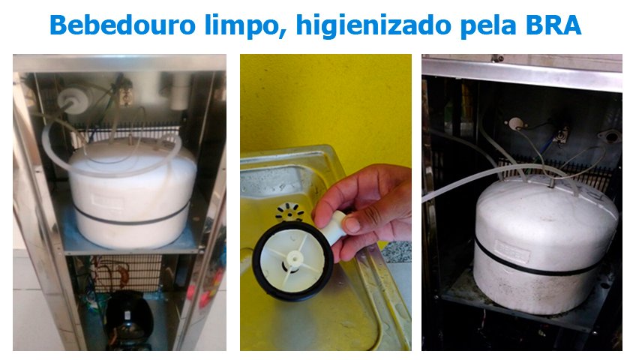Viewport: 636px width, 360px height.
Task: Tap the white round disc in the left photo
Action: (x=71, y=100)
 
